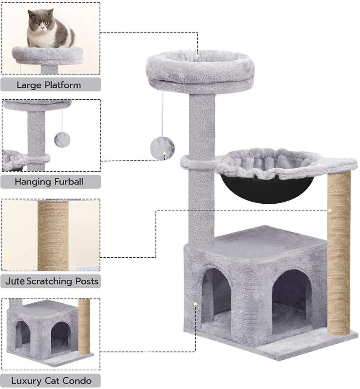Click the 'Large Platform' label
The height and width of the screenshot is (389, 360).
[x=49, y=85]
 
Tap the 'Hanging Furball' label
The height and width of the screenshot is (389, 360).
[x=49, y=182]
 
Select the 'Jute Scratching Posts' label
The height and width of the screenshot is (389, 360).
[x=51, y=281]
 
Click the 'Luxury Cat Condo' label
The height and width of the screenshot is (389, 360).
[x=51, y=381]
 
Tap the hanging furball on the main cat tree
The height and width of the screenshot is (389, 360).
[x=162, y=147]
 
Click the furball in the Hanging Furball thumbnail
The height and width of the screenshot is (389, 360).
[x=62, y=140]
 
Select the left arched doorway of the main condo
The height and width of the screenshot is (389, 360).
[x=216, y=294]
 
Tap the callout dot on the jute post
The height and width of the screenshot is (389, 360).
[x=329, y=210]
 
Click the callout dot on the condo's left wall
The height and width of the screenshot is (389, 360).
[x=195, y=304]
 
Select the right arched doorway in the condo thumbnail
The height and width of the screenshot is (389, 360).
[x=61, y=337]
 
